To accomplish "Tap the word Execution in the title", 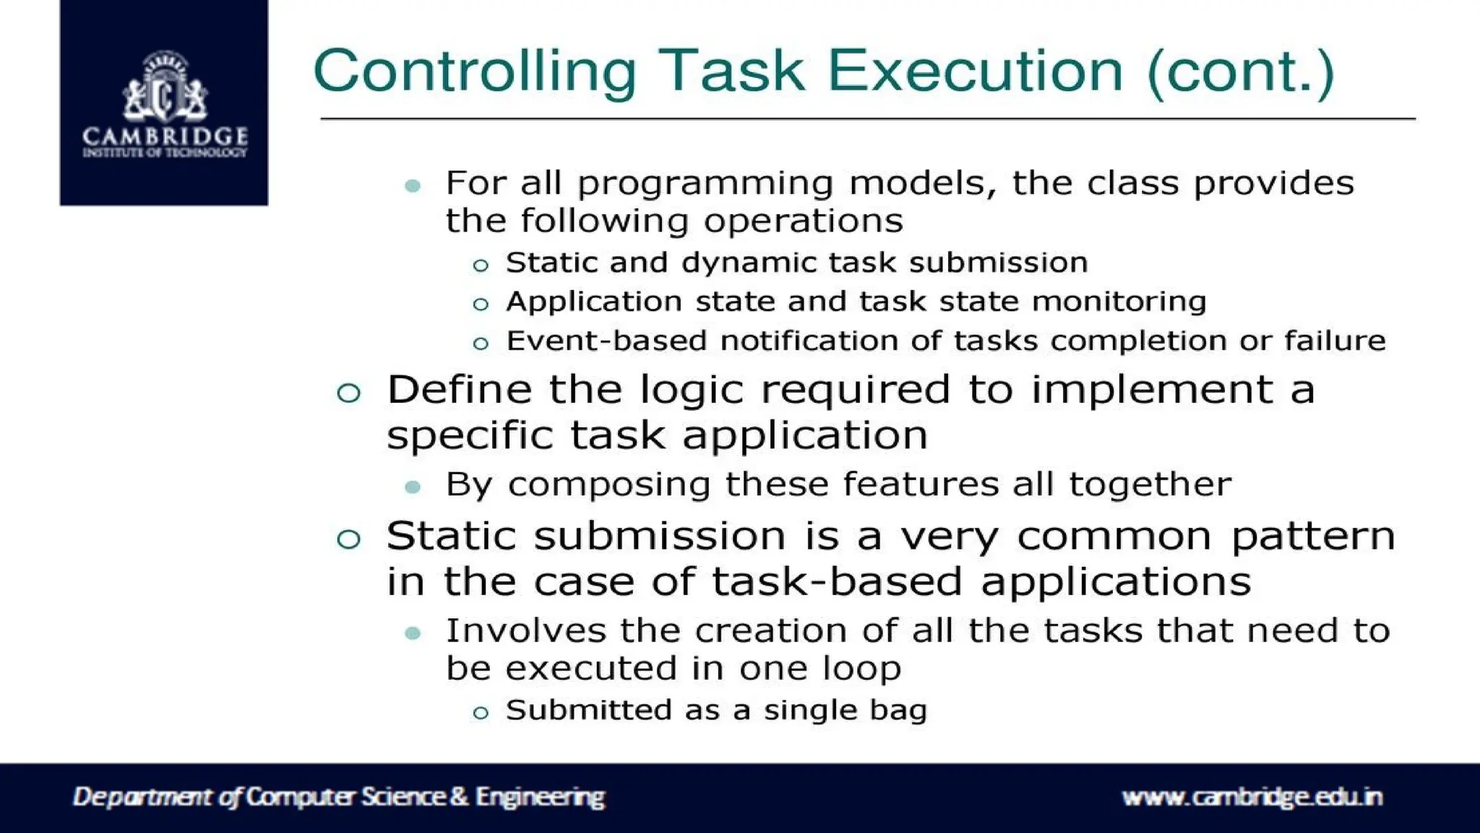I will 975,72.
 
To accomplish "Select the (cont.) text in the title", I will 1240,72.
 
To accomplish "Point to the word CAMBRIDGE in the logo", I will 165,136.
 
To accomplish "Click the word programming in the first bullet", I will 705,184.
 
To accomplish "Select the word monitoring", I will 1119,302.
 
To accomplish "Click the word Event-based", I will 606,341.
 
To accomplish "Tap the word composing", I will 609,484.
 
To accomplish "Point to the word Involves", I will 525,631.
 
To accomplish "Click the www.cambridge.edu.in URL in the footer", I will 1252,797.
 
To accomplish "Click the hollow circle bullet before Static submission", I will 348,539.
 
